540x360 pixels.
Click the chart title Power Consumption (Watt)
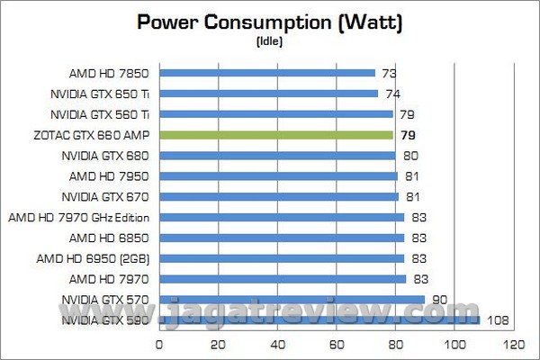pyautogui.click(x=269, y=22)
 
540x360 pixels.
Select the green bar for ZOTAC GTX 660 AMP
pyautogui.click(x=276, y=135)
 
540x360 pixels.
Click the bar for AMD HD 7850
pyautogui.click(x=267, y=73)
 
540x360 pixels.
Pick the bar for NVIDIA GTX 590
pyautogui.click(x=319, y=320)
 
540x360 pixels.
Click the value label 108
pyautogui.click(x=498, y=320)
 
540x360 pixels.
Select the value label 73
pyautogui.click(x=388, y=73)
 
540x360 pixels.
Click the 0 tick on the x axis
pyautogui.click(x=159, y=343)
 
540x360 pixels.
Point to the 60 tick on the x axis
pyautogui.click(x=337, y=343)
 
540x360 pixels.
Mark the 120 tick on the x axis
pyautogui.click(x=514, y=343)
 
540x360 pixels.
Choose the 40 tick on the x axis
pyautogui.click(x=277, y=343)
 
